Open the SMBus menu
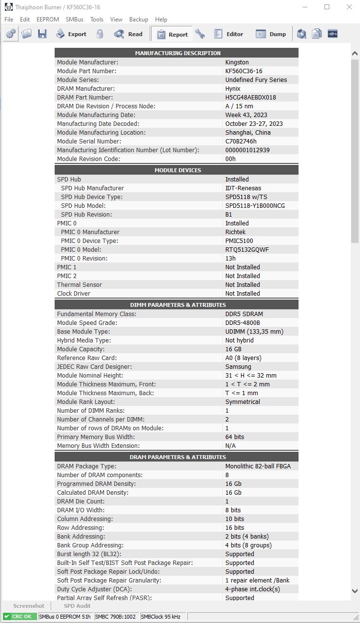(x=74, y=20)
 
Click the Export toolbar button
(x=71, y=34)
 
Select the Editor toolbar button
(x=228, y=34)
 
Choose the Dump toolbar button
(x=271, y=34)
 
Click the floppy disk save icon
(x=42, y=34)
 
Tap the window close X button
(x=349, y=7)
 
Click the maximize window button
(x=327, y=7)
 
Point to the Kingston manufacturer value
(x=237, y=62)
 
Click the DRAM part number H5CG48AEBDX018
(x=251, y=98)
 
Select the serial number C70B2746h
(x=241, y=141)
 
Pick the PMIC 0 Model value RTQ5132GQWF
(x=247, y=250)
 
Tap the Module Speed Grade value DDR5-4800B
(x=242, y=323)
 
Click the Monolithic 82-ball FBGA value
(x=258, y=466)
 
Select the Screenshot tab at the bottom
(x=29, y=606)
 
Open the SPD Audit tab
(x=78, y=606)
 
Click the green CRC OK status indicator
(x=20, y=617)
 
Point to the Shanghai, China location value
(x=248, y=133)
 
